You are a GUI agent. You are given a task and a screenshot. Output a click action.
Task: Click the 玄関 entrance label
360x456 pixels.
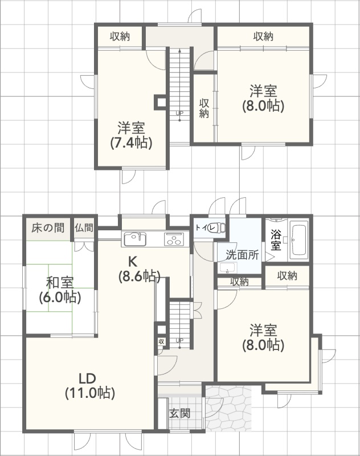[x=180, y=413]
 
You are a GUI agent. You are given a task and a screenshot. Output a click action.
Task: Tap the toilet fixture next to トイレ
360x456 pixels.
[x=220, y=227]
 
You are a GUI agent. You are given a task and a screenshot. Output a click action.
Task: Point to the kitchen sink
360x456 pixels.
[x=136, y=239]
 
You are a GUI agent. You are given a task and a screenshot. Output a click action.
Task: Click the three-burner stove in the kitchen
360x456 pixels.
[x=174, y=239]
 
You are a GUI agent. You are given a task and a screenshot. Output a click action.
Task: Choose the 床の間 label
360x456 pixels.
[x=48, y=227]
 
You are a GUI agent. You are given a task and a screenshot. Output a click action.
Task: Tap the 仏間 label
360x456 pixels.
[x=84, y=227]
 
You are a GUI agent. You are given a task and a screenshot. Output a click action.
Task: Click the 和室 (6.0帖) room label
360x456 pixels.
[x=60, y=290]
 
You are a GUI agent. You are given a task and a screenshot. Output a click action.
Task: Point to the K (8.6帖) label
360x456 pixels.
[x=139, y=269]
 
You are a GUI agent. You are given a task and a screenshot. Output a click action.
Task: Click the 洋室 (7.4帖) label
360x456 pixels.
[x=132, y=136]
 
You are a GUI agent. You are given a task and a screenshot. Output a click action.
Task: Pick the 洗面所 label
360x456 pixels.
[x=242, y=255]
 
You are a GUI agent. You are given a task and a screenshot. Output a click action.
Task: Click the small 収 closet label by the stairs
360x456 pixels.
[x=162, y=341]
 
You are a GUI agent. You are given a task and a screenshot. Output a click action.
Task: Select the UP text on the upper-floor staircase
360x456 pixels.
[x=179, y=112]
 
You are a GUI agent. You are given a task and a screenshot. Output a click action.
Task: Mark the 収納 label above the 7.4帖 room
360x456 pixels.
[x=120, y=36]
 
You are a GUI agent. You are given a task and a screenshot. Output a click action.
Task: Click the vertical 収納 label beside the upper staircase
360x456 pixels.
[x=204, y=108]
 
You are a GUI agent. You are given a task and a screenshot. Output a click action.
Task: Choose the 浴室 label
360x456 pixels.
[x=276, y=240]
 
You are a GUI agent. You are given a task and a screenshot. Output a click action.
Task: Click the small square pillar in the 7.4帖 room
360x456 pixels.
[x=160, y=102]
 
